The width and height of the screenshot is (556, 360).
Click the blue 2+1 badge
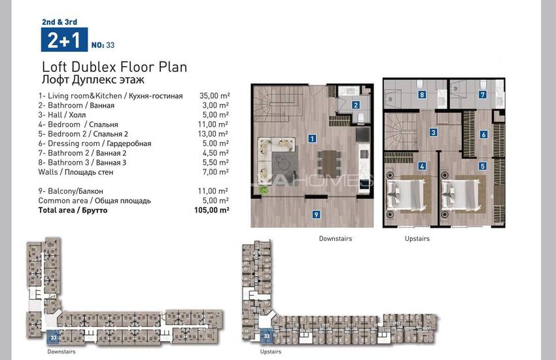click(x=64, y=40)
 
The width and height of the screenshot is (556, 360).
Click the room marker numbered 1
click(x=312, y=138)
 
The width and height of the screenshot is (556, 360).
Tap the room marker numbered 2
click(x=356, y=105)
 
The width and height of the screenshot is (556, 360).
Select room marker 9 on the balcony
click(x=317, y=214)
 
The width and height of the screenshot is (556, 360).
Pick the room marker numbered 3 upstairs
click(x=433, y=133)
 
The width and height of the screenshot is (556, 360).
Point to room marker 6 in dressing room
click(x=483, y=134)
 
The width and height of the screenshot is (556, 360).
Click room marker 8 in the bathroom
click(x=422, y=95)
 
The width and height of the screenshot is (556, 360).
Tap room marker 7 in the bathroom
click(x=483, y=94)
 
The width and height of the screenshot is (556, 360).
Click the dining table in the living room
click(x=330, y=164)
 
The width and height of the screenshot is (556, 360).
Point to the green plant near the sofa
click(x=264, y=190)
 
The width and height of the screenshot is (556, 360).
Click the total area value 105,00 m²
click(x=212, y=210)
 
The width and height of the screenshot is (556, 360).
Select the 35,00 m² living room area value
click(x=215, y=96)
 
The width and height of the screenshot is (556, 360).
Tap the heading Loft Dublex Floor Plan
click(x=114, y=67)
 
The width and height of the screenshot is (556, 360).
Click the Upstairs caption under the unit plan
click(x=417, y=239)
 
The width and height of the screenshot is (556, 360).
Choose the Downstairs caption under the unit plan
click(x=336, y=239)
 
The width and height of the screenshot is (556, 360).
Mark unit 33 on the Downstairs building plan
click(x=54, y=338)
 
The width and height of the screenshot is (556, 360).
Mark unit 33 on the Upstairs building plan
click(x=267, y=336)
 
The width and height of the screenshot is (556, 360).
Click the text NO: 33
click(x=103, y=45)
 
